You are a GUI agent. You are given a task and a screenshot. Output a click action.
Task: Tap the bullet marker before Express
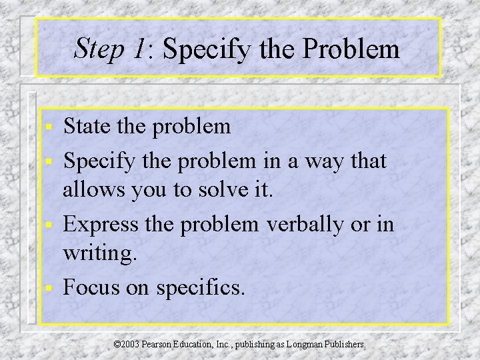[x=48, y=225]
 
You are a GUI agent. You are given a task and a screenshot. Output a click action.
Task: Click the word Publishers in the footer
[x=347, y=345]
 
